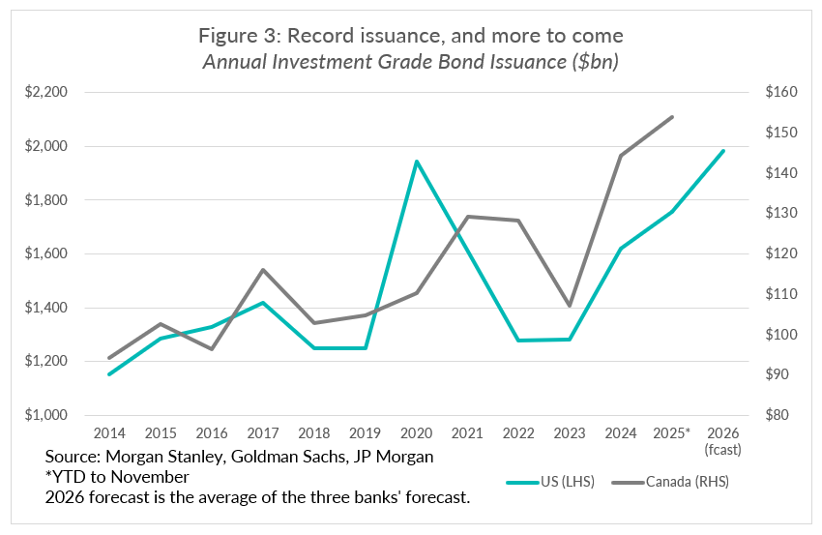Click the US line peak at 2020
click(x=417, y=162)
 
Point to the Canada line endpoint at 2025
click(x=672, y=117)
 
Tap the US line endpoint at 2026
click(x=723, y=151)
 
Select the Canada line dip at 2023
click(x=570, y=306)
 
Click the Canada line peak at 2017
click(x=263, y=270)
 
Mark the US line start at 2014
click(x=109, y=374)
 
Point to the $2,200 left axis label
click(x=46, y=93)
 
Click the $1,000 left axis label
click(x=46, y=415)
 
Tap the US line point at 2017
click(x=263, y=303)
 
